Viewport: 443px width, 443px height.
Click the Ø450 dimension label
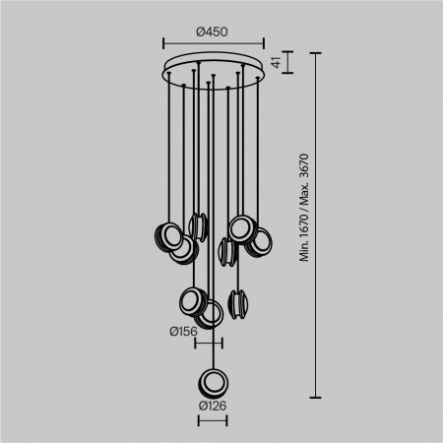pos(213,31)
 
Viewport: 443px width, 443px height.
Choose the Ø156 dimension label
pos(183,332)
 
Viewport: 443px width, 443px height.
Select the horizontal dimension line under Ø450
pos(213,43)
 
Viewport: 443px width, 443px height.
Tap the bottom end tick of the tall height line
pos(317,398)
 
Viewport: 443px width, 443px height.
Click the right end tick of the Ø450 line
pos(264,43)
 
